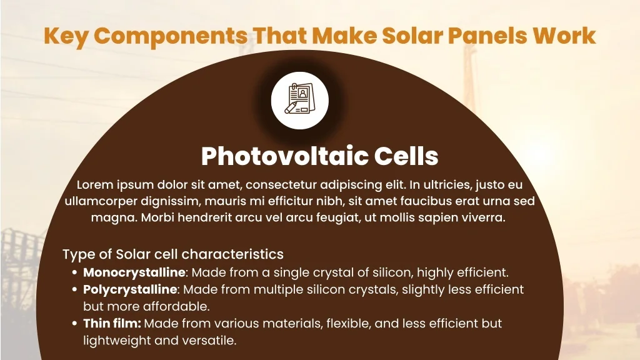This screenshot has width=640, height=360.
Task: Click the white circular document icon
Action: (299, 101)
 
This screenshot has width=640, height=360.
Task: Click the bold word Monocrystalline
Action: (134, 272)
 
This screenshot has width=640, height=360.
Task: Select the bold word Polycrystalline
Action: (130, 290)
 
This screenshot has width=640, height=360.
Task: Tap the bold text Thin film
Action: (112, 323)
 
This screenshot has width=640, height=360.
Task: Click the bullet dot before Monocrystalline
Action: (74, 272)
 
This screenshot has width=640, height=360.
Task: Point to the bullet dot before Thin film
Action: (74, 324)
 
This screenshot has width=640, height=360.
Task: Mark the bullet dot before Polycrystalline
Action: (74, 290)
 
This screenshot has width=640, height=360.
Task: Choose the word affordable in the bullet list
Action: (176, 306)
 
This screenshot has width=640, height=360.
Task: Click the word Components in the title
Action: (171, 36)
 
